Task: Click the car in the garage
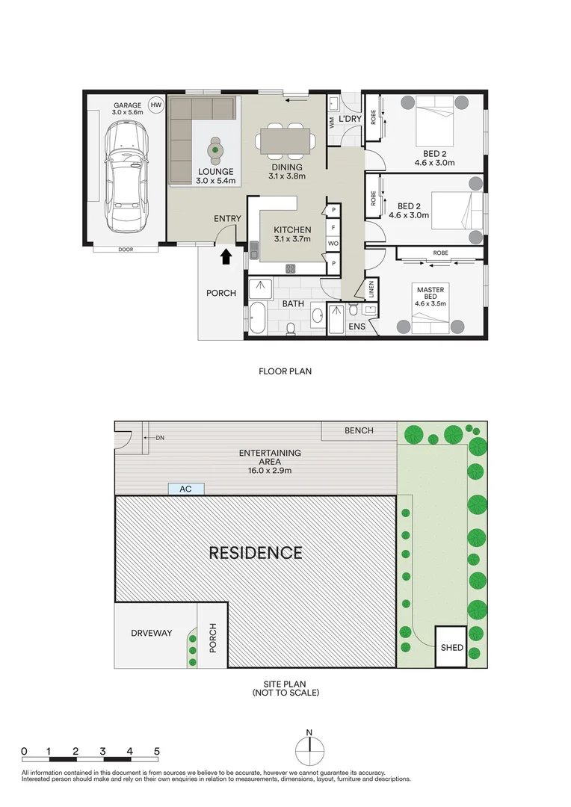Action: tap(126, 177)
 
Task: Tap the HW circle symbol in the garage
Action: tap(155, 105)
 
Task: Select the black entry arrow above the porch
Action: tap(226, 256)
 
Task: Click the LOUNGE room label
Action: tap(216, 172)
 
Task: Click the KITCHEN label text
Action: tap(292, 230)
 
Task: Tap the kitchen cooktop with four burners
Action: tap(291, 268)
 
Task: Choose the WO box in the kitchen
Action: tap(333, 244)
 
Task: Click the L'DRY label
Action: tap(350, 119)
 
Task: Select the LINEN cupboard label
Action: tap(371, 290)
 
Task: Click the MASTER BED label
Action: tap(430, 293)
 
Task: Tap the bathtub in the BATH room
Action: tap(256, 318)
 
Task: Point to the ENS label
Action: tap(357, 327)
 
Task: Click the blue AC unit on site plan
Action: tap(186, 489)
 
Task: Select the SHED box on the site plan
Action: tap(451, 647)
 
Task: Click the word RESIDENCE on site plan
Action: tap(256, 553)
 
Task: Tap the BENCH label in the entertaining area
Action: tap(359, 430)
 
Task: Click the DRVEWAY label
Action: tap(152, 633)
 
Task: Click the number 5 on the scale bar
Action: tap(157, 752)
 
